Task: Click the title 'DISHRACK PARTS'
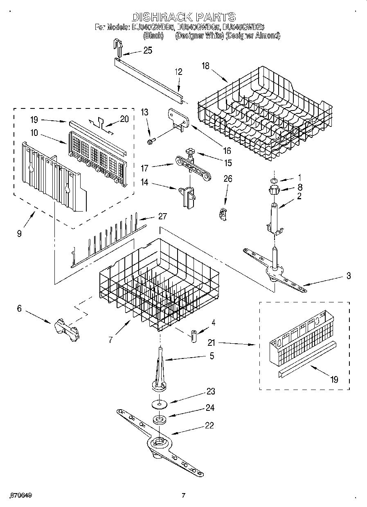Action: (183, 17)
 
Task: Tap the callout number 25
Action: (147, 51)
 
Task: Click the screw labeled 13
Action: (150, 141)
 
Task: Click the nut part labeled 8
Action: (273, 190)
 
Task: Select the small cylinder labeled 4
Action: (193, 335)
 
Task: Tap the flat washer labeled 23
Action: (159, 404)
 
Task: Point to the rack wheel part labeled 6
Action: (66, 329)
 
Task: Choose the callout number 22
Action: (209, 425)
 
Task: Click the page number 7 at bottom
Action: (183, 496)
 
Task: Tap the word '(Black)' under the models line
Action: (153, 36)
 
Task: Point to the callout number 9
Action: (19, 234)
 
